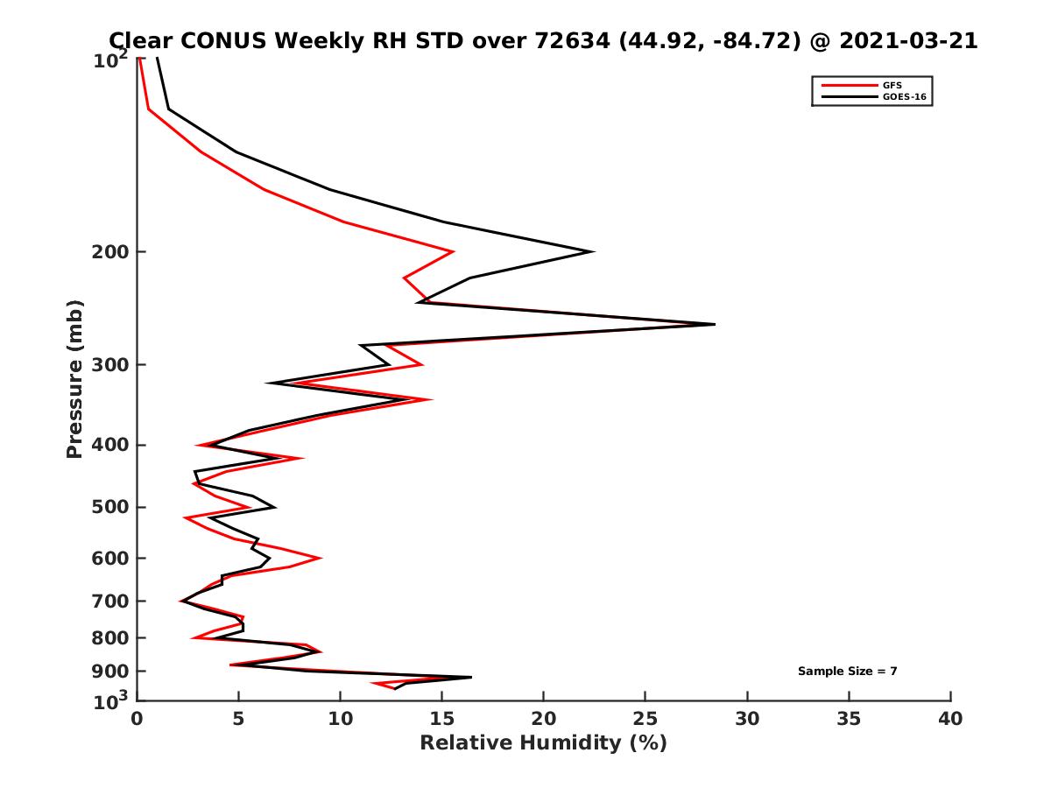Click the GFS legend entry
(893, 85)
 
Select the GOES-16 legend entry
(901, 97)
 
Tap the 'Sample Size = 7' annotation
(847, 671)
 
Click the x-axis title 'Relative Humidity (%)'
(543, 743)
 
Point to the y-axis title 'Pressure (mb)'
(74, 378)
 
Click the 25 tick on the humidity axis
(645, 720)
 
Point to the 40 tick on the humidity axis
(950, 720)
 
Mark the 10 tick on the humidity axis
(340, 720)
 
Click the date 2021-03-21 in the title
(907, 40)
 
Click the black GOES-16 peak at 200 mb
(594, 251)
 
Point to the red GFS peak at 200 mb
(453, 251)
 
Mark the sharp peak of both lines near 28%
(714, 324)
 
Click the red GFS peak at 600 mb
(321, 558)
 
